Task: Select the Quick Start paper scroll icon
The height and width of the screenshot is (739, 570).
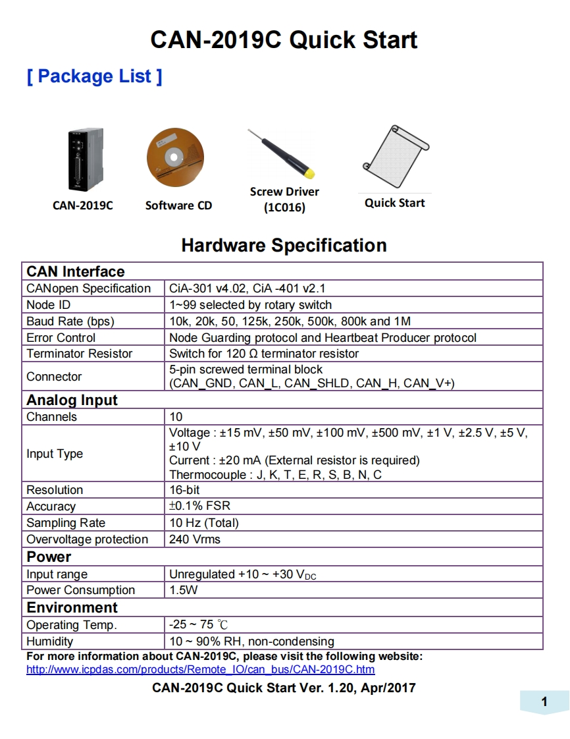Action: point(395,157)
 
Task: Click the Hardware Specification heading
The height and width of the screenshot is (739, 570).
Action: point(284,246)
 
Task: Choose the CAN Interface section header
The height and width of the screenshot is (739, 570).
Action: point(75,271)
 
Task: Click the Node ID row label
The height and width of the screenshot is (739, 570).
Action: point(48,305)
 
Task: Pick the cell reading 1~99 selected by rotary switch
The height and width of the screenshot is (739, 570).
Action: point(250,305)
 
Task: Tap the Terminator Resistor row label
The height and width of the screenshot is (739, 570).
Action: point(79,354)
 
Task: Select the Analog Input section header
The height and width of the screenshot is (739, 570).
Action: point(72,400)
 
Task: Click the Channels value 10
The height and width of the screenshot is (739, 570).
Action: point(176,417)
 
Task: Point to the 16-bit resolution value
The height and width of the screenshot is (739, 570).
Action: point(184,490)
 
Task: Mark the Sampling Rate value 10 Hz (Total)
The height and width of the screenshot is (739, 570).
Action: point(203,523)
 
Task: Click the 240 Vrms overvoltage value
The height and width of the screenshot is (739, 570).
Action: point(195,539)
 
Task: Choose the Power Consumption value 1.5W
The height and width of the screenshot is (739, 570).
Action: point(183,590)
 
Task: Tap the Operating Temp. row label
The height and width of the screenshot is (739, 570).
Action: point(71,625)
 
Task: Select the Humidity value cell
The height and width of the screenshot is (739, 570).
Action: point(251,642)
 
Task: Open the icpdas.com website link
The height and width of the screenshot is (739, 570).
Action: point(200,670)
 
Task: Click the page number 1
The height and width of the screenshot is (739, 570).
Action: point(544,702)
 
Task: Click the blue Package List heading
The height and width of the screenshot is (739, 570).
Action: point(94,76)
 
